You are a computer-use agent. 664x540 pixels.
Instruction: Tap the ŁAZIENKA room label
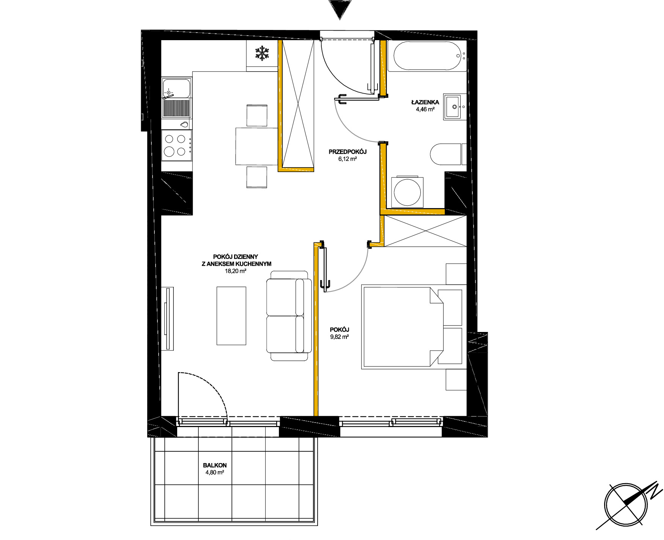(x=425, y=102)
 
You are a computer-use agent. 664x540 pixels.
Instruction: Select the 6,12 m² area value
(x=348, y=159)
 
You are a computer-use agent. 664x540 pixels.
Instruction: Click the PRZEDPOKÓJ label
(x=348, y=152)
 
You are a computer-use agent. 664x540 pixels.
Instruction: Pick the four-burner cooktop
(x=176, y=145)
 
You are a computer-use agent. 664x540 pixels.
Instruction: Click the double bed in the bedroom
(x=403, y=327)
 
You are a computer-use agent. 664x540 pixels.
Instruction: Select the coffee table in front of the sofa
(x=231, y=316)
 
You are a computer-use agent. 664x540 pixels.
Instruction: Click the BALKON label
(x=215, y=465)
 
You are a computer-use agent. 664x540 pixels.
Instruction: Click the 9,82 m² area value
(x=340, y=337)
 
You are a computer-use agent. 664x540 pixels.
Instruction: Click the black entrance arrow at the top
(x=340, y=9)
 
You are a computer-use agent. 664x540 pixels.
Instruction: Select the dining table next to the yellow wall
(x=257, y=146)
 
